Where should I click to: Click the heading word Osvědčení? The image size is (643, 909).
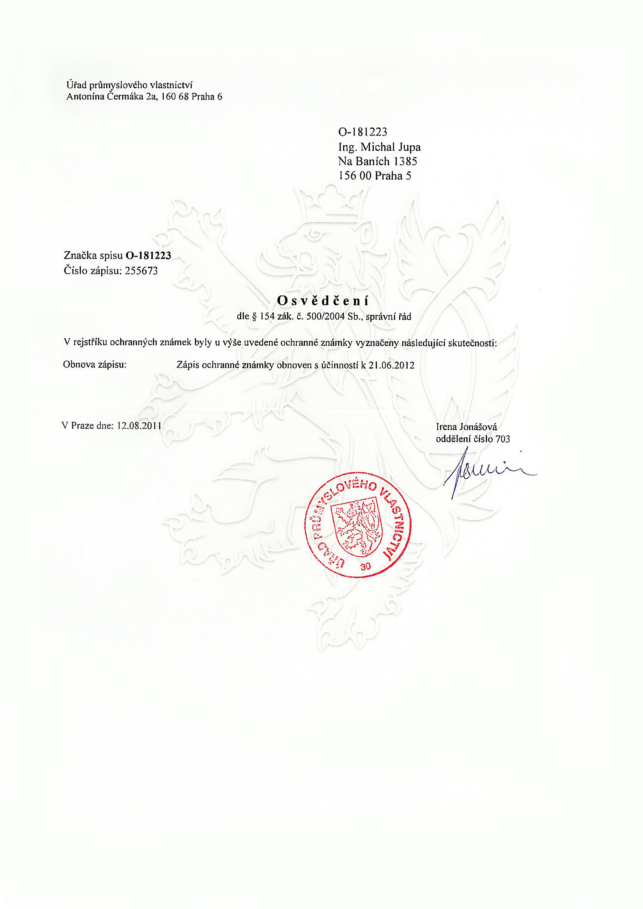pos(323,301)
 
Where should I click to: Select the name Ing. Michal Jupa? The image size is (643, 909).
pos(379,147)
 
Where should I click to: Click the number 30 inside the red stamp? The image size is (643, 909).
pos(365,566)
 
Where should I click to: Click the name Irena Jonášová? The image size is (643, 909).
pos(466,427)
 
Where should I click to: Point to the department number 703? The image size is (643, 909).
pos(502,439)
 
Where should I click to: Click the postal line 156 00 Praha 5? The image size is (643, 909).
pos(374,176)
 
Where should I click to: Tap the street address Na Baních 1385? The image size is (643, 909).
pos(377,161)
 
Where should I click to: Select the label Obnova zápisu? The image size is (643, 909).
pos(95,365)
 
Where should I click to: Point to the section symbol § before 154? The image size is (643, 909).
pos(254,317)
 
